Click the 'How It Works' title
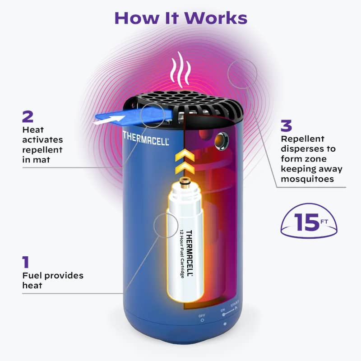[181, 18]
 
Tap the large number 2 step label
[28, 117]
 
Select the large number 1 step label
[26, 262]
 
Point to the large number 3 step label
[286, 126]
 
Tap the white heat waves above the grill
[181, 69]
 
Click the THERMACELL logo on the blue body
[146, 138]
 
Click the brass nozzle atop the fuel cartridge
[185, 183]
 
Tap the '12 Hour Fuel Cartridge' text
[182, 254]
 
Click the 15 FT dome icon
[309, 221]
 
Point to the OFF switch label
[202, 315]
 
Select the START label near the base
[235, 304]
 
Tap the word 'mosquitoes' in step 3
[307, 179]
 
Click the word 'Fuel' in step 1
[32, 275]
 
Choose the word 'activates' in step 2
[42, 140]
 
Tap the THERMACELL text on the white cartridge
[189, 254]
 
